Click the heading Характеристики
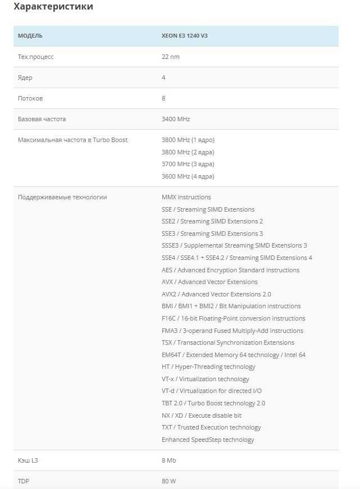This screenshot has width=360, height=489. tap(53, 7)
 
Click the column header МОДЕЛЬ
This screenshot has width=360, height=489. tap(30, 36)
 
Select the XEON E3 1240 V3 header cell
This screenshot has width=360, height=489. tap(185, 36)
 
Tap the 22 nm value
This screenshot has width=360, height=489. tap(170, 57)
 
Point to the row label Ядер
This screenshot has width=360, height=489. tap(25, 77)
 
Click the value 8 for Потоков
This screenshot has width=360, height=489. tap(163, 98)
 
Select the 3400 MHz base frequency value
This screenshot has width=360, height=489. tap(176, 119)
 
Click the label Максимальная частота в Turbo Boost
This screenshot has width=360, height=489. tap(72, 140)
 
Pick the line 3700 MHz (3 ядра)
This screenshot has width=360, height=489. tap(188, 164)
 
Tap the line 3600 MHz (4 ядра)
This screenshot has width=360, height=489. tap(188, 176)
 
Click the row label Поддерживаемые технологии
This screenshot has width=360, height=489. tap(62, 197)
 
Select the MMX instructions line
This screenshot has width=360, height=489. tap(186, 197)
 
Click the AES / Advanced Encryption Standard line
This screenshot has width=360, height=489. tap(230, 270)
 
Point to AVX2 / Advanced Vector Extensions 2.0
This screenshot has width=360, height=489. tap(216, 294)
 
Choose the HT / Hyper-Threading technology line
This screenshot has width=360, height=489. tap(208, 367)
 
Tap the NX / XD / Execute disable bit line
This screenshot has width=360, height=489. tap(201, 415)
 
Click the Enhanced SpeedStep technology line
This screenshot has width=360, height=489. tap(208, 440)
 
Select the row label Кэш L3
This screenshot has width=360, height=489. tap(28, 460)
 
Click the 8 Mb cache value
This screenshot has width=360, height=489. tap(168, 460)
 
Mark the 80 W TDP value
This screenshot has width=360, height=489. tap(168, 481)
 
